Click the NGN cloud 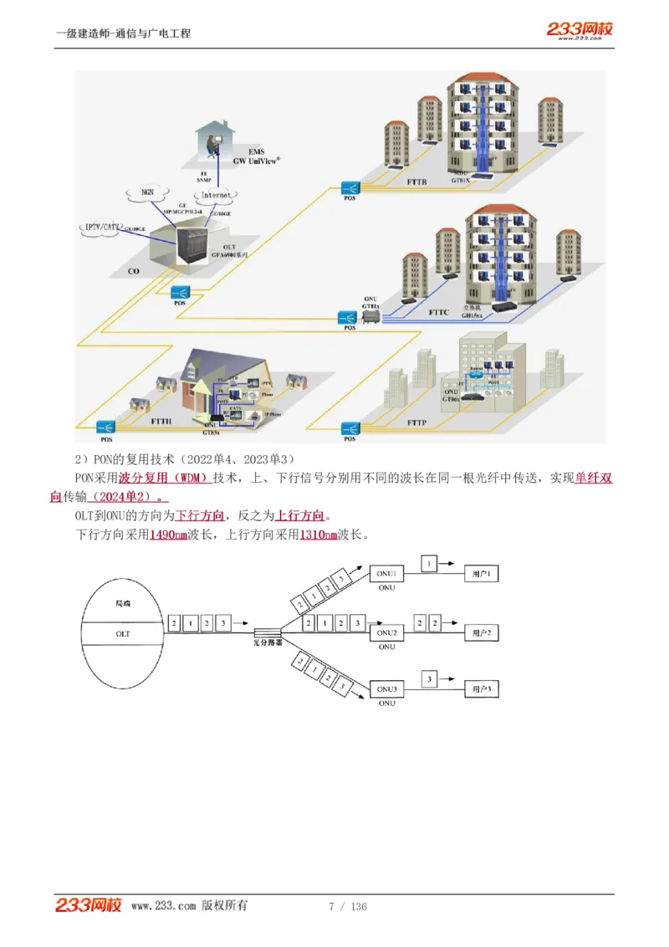(148, 192)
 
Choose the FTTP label (416, 423)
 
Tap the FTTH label (161, 423)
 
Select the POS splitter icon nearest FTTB (350, 188)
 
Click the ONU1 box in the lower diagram (386, 573)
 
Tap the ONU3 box (386, 688)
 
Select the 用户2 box (481, 632)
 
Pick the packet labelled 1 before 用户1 (430, 565)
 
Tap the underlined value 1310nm (319, 535)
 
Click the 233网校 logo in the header (580, 30)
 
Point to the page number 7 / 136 (348, 906)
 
